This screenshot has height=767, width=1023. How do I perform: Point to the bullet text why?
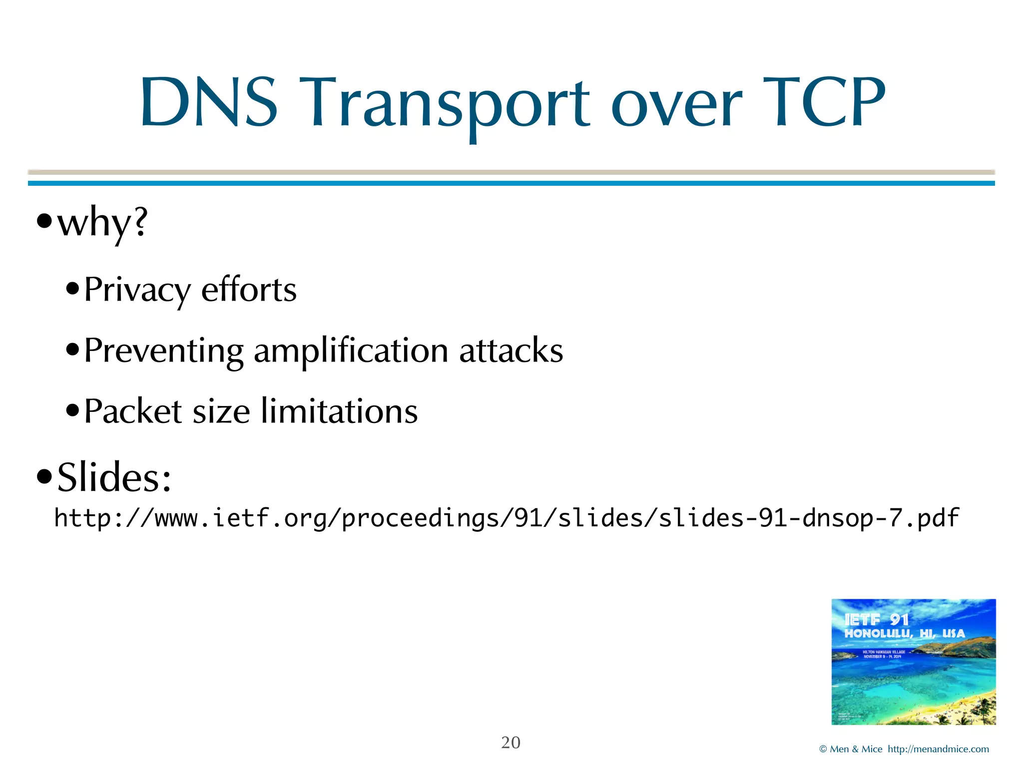coord(102,223)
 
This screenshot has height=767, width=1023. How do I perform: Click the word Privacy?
coord(137,290)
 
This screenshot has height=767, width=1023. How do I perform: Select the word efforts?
coord(249,289)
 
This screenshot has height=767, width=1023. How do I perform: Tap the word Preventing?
coord(164,351)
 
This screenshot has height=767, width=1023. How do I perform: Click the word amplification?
coord(351,351)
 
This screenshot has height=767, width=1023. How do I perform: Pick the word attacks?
coord(511,350)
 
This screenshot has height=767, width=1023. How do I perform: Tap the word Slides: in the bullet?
coord(114,477)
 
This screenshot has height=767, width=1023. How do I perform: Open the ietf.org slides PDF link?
coord(506,518)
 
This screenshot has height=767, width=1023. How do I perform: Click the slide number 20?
coord(511,743)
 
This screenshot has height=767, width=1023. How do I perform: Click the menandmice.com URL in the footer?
coord(938,749)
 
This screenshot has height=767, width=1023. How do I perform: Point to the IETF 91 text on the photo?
coord(877,620)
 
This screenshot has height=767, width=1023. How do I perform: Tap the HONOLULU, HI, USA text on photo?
coord(905,633)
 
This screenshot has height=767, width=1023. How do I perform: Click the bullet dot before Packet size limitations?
coord(73,411)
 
